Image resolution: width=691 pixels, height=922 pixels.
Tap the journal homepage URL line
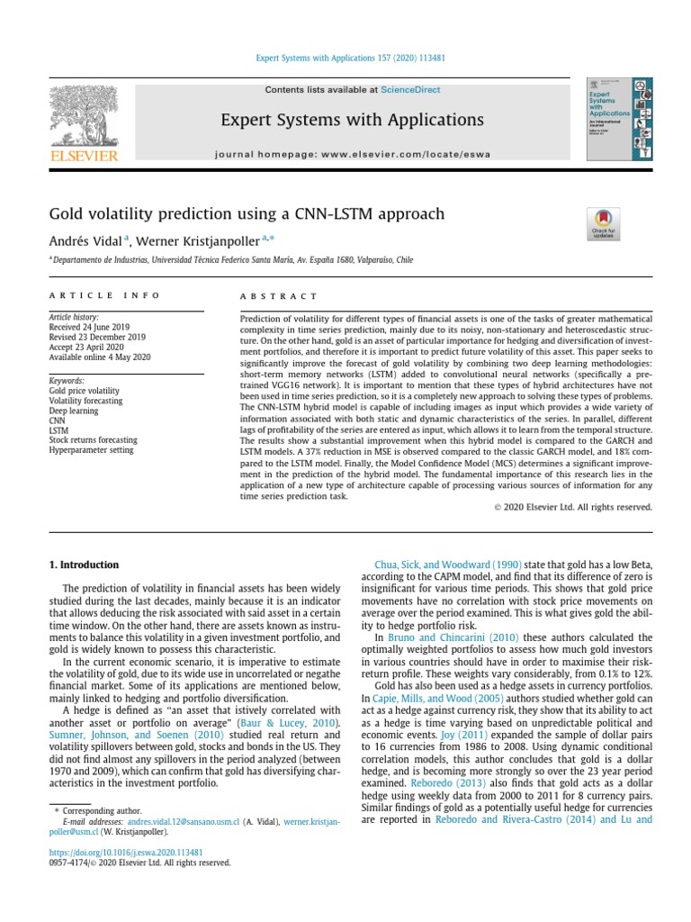pyautogui.click(x=353, y=154)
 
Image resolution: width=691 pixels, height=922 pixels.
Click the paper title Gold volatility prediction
pyautogui.click(x=247, y=213)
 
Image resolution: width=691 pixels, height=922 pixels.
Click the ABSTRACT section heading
pyautogui.click(x=279, y=296)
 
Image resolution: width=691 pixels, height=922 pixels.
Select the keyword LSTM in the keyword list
pyautogui.click(x=59, y=430)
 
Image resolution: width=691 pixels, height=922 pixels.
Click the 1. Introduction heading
pyautogui.click(x=83, y=565)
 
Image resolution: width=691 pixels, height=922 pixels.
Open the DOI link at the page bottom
pyautogui.click(x=125, y=851)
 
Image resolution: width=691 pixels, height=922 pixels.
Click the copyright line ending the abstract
pyautogui.click(x=573, y=508)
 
